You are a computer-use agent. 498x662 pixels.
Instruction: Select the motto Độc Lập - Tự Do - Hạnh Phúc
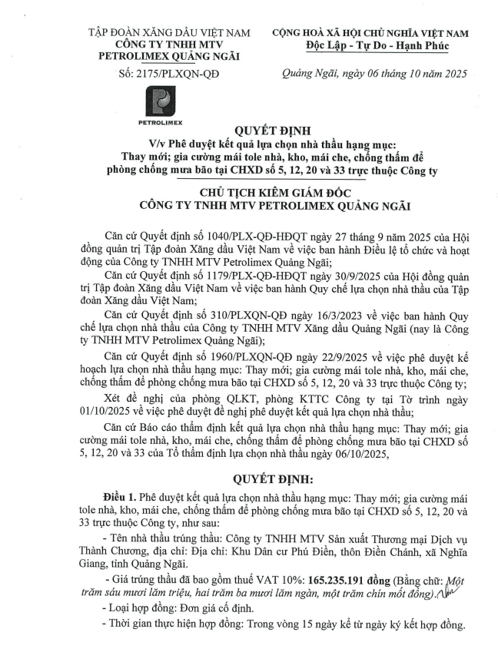tap(373, 47)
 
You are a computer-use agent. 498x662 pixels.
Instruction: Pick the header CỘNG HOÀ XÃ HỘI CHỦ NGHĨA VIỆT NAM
tap(373, 34)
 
